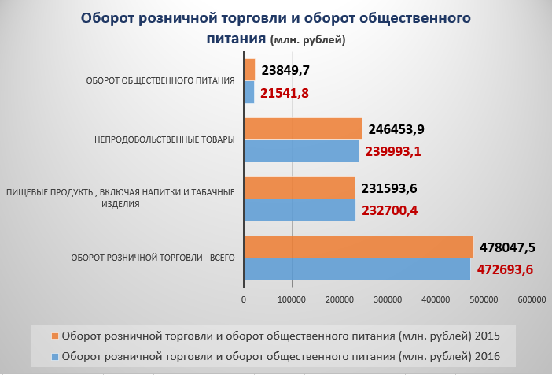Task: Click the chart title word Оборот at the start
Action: coord(114,18)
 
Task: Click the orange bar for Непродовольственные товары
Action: coord(303,129)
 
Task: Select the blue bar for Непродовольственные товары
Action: coord(301,150)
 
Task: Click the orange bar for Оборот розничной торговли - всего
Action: coord(359,247)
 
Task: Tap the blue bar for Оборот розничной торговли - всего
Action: coord(357,269)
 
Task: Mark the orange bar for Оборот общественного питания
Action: coord(249,70)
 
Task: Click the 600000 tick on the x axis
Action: coord(532,299)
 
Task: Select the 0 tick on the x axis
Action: coord(244,299)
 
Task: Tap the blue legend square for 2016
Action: coord(54,355)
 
